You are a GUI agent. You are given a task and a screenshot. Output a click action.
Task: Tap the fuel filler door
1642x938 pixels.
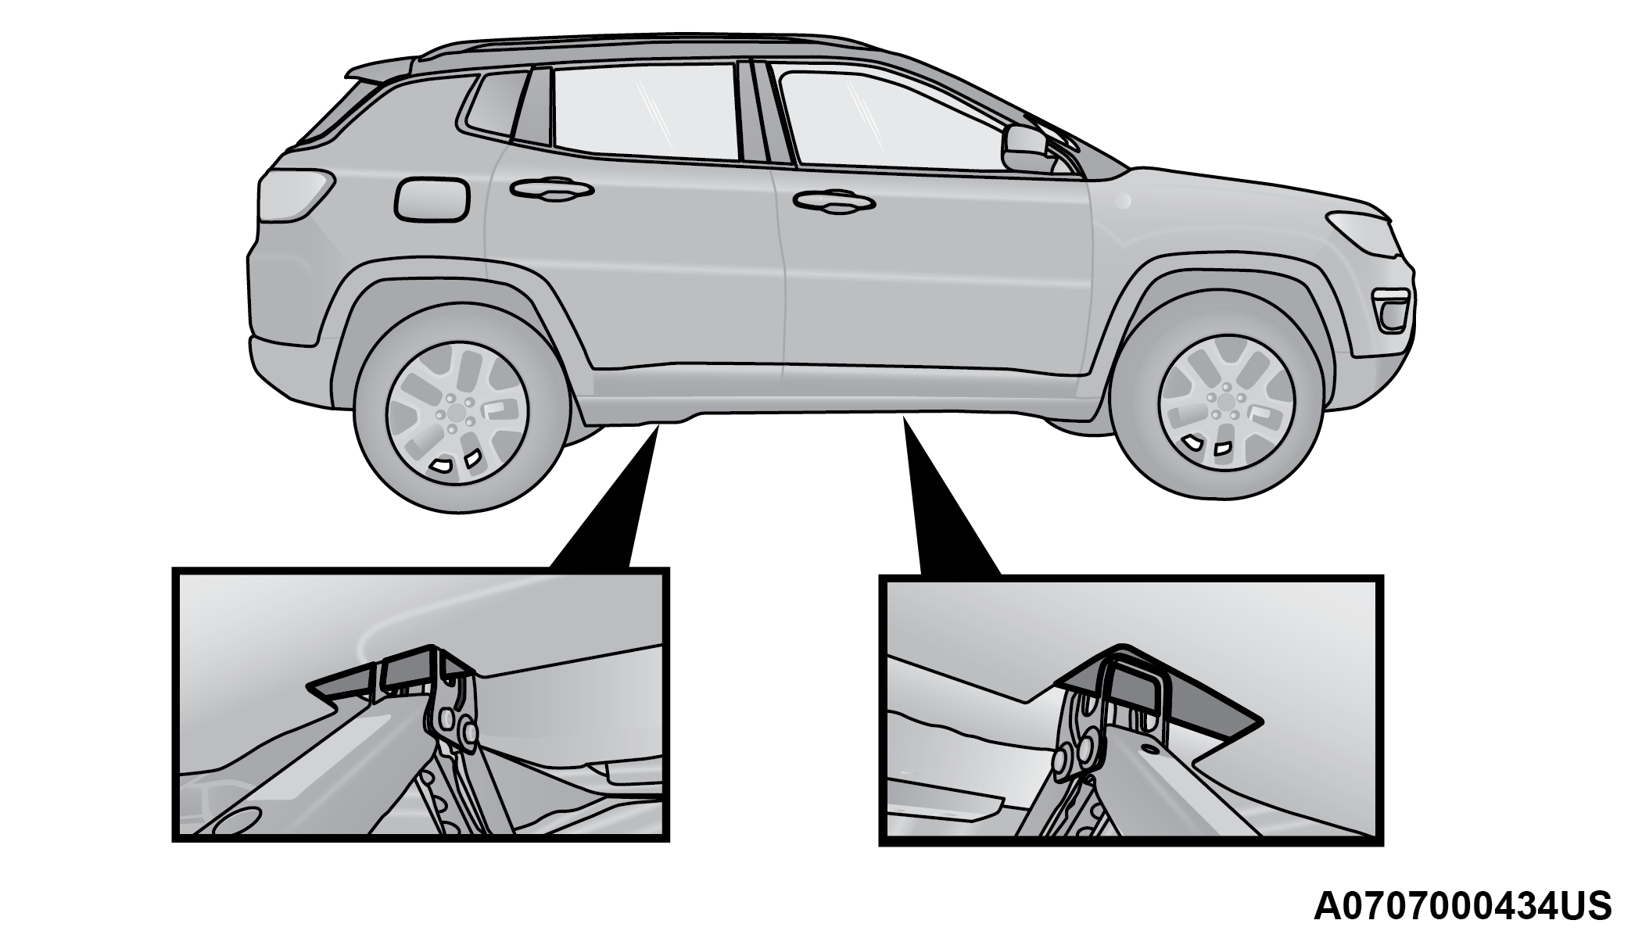432,199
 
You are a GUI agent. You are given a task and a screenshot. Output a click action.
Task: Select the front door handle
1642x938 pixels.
833,200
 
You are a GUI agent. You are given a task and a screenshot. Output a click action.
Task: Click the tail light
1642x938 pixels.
296,193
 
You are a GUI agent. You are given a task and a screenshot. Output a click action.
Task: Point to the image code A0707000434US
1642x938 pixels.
1462,906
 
